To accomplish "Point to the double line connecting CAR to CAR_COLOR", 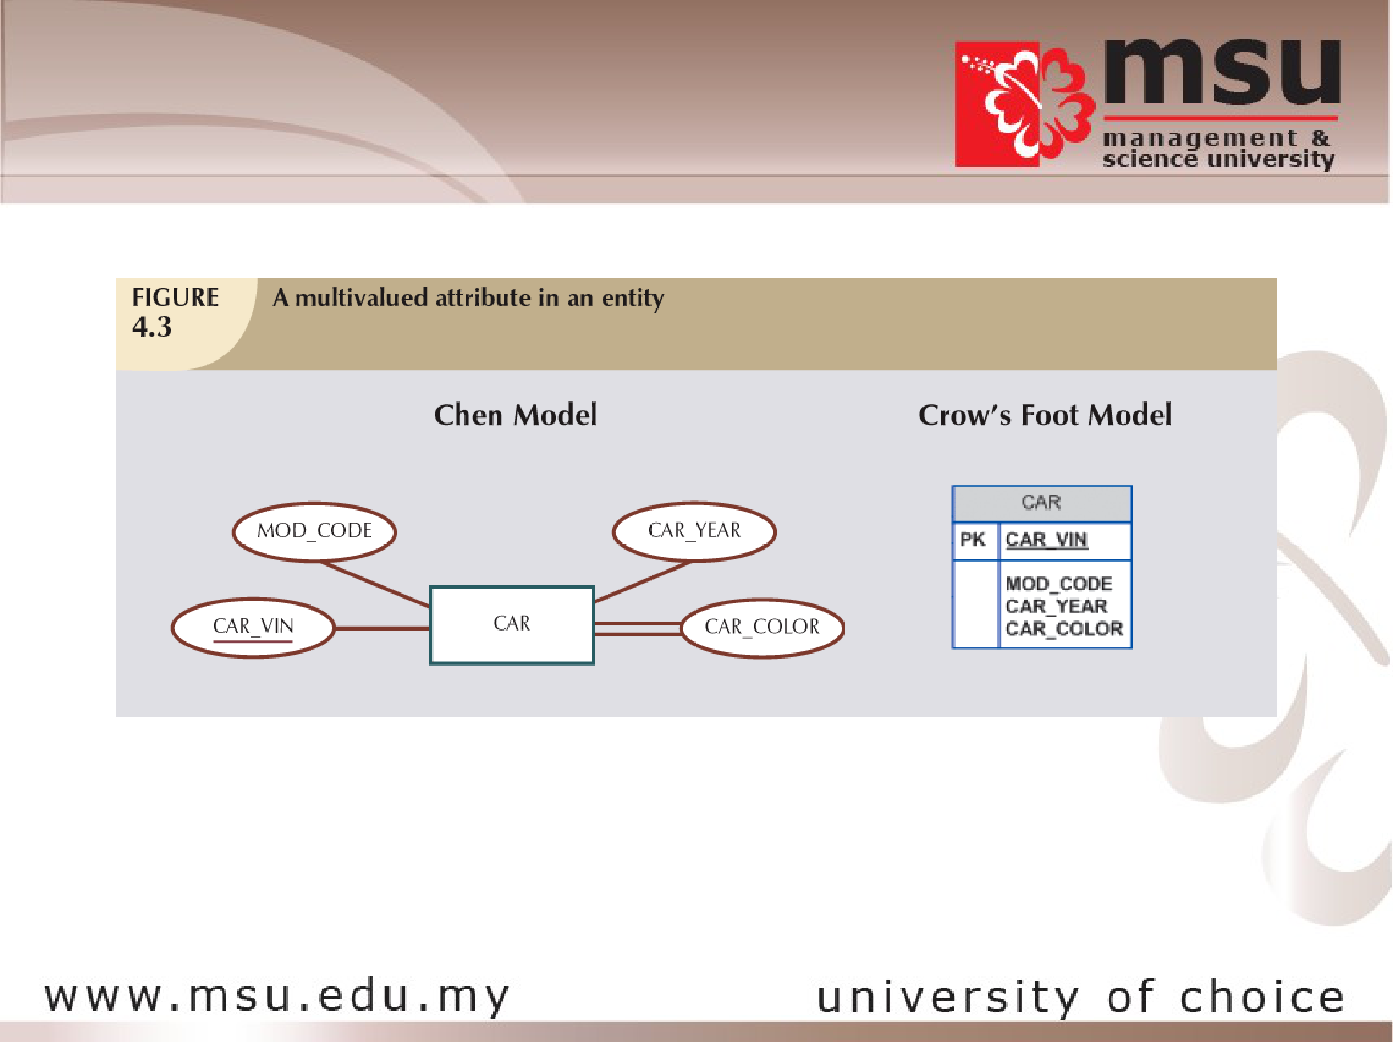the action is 638,628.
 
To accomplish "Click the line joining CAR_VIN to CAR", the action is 382,628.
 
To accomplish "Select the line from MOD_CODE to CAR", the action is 376,584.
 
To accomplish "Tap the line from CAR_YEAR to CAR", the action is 642,582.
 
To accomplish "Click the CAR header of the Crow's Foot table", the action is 1041,503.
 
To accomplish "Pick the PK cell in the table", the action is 973,540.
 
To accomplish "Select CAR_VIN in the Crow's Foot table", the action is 1047,540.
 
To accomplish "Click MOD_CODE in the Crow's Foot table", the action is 1059,584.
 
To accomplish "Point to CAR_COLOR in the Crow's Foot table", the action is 1064,628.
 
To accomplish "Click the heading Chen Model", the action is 515,415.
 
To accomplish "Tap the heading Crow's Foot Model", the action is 1045,415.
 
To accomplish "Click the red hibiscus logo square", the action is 997,104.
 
